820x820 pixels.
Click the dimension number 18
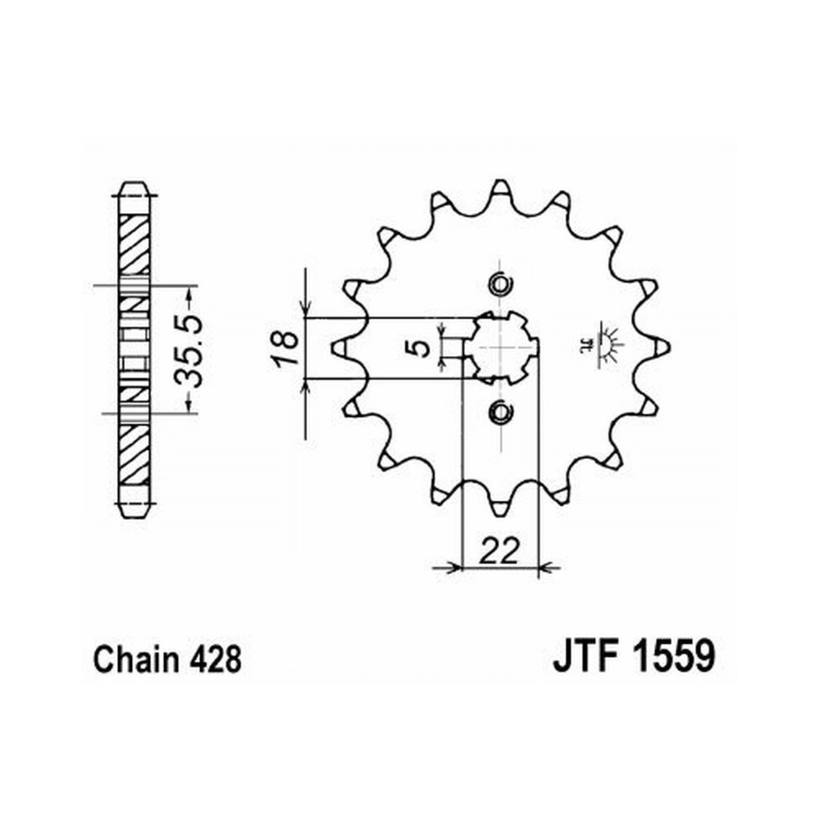tap(285, 348)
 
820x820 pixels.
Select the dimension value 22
tap(500, 549)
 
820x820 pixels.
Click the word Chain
tap(136, 659)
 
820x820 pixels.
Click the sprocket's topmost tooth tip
tap(500, 180)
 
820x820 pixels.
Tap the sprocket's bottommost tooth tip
tap(500, 516)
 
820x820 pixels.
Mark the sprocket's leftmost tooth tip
tap(333, 348)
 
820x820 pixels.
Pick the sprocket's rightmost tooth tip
tap(668, 348)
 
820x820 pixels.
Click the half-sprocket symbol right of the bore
tap(601, 343)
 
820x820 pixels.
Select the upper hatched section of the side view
tap(134, 244)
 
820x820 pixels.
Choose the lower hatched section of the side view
tap(134, 454)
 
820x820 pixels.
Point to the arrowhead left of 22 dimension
tap(454, 567)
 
